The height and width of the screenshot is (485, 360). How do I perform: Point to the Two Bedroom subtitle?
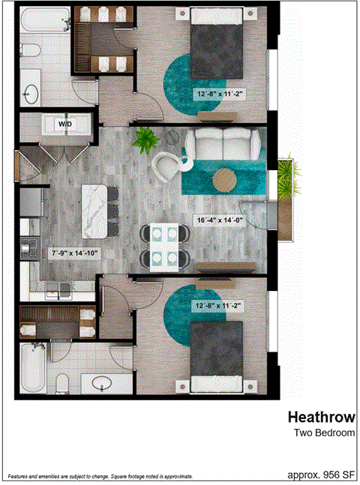click(x=322, y=433)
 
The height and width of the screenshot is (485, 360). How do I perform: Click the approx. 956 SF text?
click(x=321, y=475)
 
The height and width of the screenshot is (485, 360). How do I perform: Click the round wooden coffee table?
click(x=224, y=180)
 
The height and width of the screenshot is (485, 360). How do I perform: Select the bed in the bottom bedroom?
click(x=218, y=353)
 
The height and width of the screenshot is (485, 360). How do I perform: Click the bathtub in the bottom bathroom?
click(x=31, y=368)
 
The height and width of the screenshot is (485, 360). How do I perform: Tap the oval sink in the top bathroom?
click(x=31, y=93)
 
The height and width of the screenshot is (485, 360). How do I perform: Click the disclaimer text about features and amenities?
click(x=100, y=477)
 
